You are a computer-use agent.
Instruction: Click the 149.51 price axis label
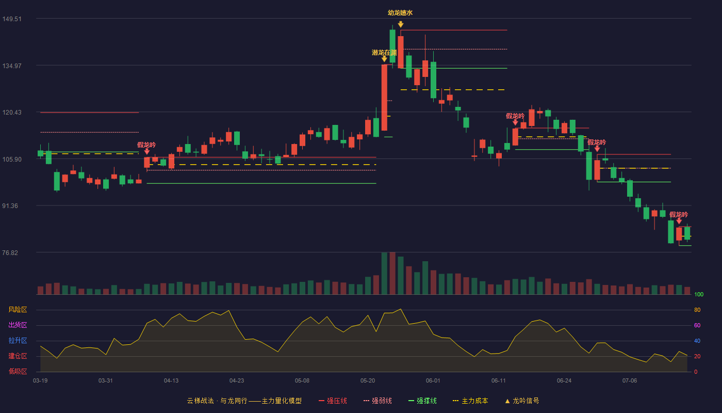[12, 19]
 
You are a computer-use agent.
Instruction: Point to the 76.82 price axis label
[10, 252]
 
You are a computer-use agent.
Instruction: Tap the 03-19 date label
[40, 381]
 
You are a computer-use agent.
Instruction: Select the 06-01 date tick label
[433, 381]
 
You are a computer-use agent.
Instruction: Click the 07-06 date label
[630, 381]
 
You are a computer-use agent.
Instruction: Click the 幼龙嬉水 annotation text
[400, 13]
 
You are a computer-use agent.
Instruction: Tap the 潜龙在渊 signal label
[384, 53]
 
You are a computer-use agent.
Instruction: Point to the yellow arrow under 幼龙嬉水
[401, 24]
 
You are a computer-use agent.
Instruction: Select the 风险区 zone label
[18, 310]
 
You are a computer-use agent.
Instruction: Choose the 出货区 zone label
[18, 325]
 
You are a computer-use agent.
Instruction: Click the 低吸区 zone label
[18, 371]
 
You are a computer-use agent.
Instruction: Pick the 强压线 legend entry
[333, 401]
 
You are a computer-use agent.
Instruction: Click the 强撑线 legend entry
[422, 401]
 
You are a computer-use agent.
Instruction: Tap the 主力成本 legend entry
[470, 401]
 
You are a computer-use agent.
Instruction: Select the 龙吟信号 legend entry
[522, 401]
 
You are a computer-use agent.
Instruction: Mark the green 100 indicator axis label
[699, 294]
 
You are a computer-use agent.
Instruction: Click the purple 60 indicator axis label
[697, 325]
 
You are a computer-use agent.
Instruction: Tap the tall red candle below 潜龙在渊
[384, 98]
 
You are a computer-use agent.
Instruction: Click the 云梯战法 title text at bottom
[200, 401]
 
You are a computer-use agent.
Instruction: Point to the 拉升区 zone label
[18, 340]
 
